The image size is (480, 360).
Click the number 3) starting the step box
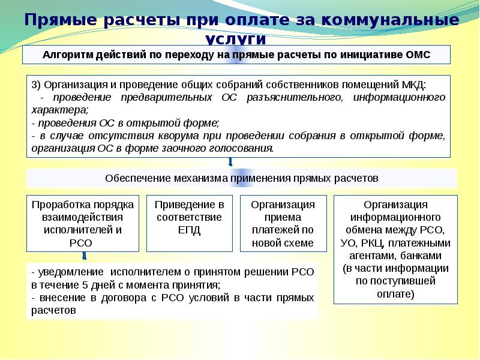tap(36, 84)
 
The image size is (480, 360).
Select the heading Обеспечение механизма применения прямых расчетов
tap(241, 179)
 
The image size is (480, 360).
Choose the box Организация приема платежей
tap(283, 223)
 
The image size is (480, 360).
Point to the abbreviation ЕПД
tap(190, 230)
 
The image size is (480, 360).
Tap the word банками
tap(428, 243)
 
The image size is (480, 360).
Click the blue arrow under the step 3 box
tap(230, 163)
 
